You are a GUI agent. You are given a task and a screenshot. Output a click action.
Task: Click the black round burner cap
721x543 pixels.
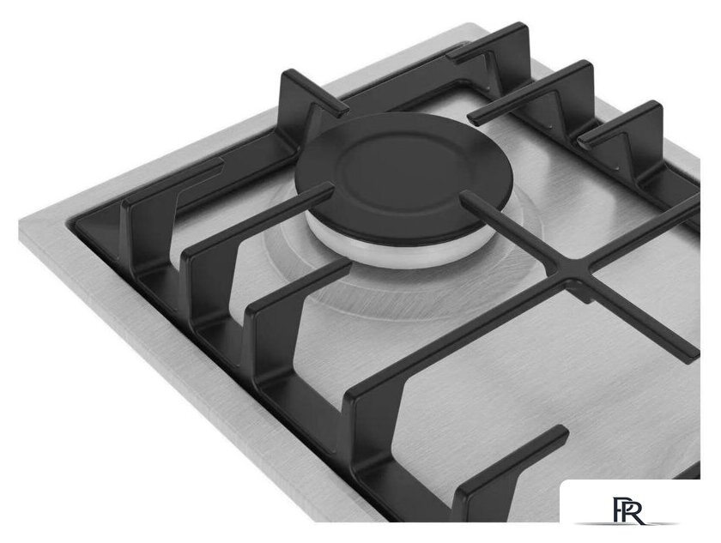(403, 178)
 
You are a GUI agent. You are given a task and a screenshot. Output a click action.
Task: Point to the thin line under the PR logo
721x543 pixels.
(627, 524)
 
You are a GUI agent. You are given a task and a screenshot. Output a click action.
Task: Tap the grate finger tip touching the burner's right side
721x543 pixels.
(465, 196)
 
